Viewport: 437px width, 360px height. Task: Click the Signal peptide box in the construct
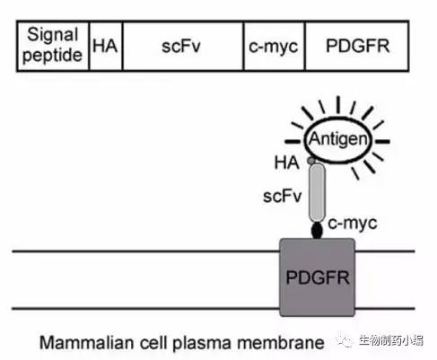tap(53, 46)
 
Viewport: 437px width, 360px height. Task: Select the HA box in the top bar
tap(106, 46)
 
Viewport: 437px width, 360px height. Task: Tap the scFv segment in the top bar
tap(183, 46)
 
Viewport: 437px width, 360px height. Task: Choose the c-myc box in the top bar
tap(275, 46)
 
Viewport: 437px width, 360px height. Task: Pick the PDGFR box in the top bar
tap(357, 46)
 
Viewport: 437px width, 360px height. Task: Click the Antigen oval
tap(338, 140)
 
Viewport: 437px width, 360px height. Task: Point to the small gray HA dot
tap(311, 161)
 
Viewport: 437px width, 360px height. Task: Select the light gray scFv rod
tap(317, 193)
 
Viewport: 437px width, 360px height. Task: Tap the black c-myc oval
tap(317, 231)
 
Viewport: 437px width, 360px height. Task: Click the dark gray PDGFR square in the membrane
tap(318, 277)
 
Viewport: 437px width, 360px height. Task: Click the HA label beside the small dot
tap(287, 162)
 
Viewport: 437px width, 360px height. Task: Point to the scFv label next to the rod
tap(282, 197)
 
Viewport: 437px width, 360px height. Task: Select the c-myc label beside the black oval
tap(353, 224)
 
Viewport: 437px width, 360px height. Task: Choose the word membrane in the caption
tap(281, 342)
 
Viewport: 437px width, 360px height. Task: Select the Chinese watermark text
tap(391, 340)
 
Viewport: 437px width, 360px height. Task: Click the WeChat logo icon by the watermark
tap(345, 339)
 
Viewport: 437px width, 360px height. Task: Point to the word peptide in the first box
tap(53, 56)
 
